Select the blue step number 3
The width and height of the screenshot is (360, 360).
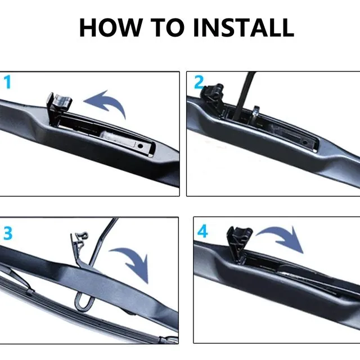[x=8, y=232]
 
